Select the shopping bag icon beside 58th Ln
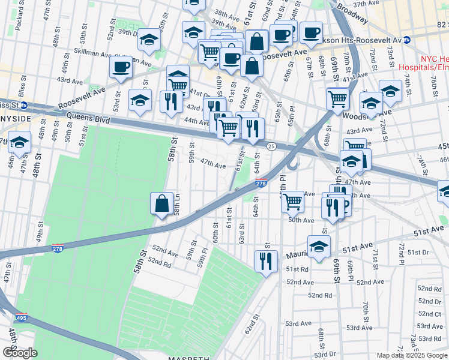(162, 203)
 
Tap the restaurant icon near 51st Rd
(265, 261)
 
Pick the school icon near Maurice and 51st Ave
(319, 246)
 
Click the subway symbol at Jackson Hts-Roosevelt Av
(407, 41)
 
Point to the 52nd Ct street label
(430, 314)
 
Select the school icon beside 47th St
(19, 144)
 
